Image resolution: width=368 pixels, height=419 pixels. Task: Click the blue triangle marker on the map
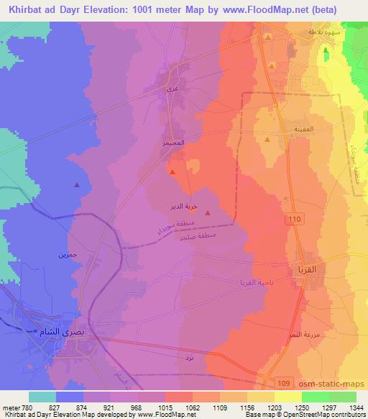pos(77,185)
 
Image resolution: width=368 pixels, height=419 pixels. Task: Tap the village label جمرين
pos(67,255)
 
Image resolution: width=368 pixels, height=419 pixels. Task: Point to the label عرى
pos(170,90)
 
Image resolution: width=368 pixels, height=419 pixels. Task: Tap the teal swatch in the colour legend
pos(43,397)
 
